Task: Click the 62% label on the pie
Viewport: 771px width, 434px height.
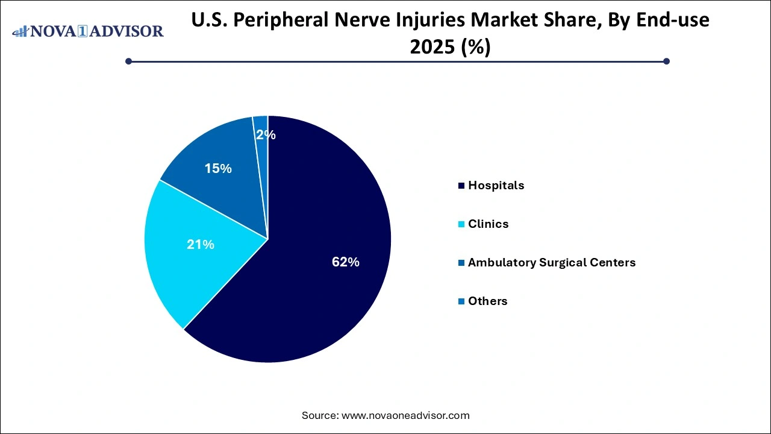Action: click(x=346, y=262)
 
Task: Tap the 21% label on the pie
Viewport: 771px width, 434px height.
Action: click(x=201, y=245)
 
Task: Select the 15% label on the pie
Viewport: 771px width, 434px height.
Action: click(x=218, y=168)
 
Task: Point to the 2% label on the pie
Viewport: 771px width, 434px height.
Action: click(x=266, y=134)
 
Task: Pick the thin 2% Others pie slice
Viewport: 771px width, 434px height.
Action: click(x=261, y=155)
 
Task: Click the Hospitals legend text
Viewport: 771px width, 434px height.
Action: click(x=496, y=186)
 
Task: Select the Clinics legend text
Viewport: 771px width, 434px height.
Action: click(x=488, y=224)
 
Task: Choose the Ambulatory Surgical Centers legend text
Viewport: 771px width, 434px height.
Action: click(x=552, y=262)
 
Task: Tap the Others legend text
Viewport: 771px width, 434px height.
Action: click(x=488, y=301)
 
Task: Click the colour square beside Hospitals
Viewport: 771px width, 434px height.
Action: click(x=461, y=186)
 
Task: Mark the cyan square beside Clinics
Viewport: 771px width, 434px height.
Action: click(x=461, y=224)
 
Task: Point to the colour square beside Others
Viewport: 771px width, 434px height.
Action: click(x=461, y=301)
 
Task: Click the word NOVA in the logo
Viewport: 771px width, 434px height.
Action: click(x=54, y=31)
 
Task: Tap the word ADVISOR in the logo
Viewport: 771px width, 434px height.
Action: click(x=126, y=31)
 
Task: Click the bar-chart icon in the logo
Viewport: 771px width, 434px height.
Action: click(x=20, y=31)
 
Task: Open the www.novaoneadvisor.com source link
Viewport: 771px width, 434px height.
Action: click(x=405, y=415)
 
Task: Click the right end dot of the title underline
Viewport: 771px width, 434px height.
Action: click(x=666, y=61)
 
